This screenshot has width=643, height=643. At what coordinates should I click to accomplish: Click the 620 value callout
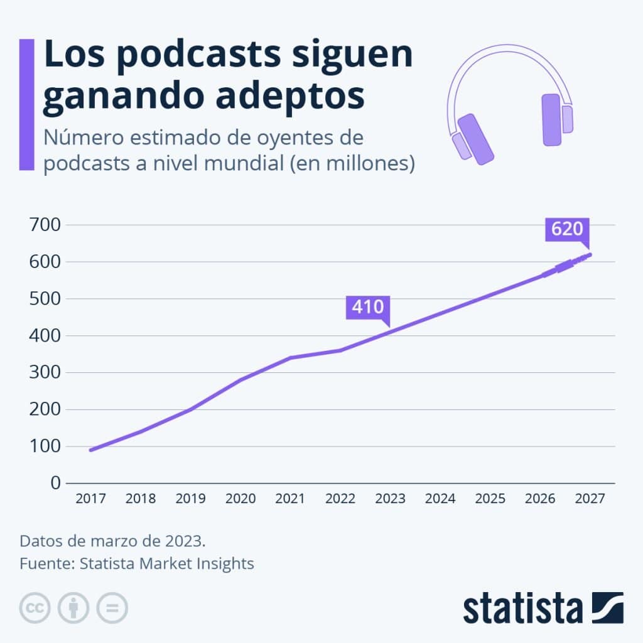[567, 230]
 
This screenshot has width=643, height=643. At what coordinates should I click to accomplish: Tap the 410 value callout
[367, 307]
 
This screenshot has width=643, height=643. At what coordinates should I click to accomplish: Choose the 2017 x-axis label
[90, 499]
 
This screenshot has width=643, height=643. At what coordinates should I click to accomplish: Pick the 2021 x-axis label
[290, 499]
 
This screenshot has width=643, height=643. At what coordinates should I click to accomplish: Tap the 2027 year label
[590, 499]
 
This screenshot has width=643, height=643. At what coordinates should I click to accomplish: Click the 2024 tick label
[440, 499]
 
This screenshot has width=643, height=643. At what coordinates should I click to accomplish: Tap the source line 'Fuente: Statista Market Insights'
[137, 563]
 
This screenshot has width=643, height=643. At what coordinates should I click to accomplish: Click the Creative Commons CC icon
[35, 607]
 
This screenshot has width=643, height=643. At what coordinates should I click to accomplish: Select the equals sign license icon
[112, 607]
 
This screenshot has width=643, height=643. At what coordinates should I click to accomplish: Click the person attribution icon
[73, 607]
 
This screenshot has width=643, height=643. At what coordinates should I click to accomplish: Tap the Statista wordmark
[522, 608]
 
